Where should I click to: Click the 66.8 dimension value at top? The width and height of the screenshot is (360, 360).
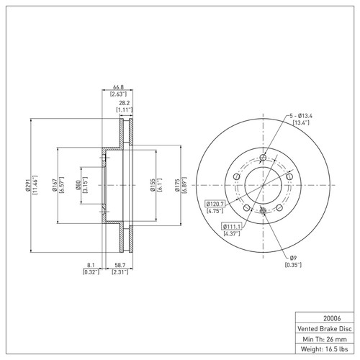coord(119,86)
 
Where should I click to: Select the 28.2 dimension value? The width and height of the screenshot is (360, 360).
coord(125,103)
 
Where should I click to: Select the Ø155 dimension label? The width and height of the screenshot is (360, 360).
coord(153,186)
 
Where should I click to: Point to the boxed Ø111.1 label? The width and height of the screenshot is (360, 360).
coord(231,227)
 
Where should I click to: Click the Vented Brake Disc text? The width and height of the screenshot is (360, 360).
coord(324,328)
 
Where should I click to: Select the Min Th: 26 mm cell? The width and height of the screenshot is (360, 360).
coord(324,338)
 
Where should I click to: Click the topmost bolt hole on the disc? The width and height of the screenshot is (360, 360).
coord(264,158)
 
